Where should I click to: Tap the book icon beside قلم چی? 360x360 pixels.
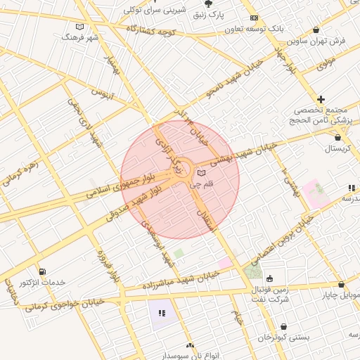tap(202, 173)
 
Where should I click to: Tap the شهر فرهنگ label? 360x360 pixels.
tap(78, 36)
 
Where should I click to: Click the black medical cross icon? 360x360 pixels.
tap(321, 100)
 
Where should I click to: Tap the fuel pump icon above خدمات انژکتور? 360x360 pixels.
tap(43, 271)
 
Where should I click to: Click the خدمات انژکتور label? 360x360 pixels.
tap(43, 282)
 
